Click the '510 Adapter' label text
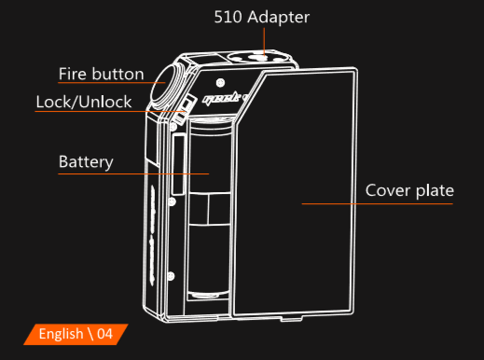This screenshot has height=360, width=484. point(262,17)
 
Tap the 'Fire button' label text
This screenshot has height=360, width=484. point(102,74)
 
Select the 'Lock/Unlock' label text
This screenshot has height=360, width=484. point(84,102)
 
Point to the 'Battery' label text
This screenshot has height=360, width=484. point(86,162)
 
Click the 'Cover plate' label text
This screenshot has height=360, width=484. point(409,190)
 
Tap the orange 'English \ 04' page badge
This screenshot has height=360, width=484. point(76,334)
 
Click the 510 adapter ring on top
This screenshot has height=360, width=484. point(258,57)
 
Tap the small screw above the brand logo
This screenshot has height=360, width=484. point(220,83)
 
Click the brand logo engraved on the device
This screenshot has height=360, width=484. point(225,98)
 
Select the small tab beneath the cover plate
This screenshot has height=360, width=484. point(291,319)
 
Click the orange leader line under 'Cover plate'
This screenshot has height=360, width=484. point(377,203)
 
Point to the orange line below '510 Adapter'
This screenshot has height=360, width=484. point(264,42)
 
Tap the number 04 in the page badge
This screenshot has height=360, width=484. point(104,334)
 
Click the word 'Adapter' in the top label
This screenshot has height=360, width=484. point(279,18)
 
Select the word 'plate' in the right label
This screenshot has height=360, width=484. point(435,190)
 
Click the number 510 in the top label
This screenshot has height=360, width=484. point(228,17)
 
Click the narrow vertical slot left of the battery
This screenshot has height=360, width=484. point(179,164)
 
